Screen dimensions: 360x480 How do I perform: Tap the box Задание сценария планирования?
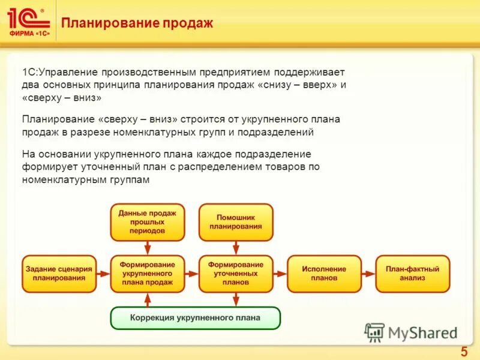pyautogui.click(x=59, y=274)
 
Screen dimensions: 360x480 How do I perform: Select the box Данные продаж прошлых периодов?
pyautogui.click(x=147, y=222)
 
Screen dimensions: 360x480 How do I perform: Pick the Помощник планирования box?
pyautogui.click(x=236, y=222)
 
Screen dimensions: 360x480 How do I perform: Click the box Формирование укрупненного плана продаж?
pyautogui.click(x=147, y=274)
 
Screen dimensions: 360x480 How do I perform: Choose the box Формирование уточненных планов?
pyautogui.click(x=236, y=274)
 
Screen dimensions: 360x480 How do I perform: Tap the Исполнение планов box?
pyautogui.click(x=324, y=274)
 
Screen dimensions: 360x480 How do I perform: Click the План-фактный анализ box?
pyautogui.click(x=413, y=274)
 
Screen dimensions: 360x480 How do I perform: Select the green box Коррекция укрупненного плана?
pyautogui.click(x=195, y=318)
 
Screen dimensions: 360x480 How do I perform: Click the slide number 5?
pyautogui.click(x=463, y=352)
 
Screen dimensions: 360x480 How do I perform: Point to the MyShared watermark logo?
pyautogui.click(x=412, y=332)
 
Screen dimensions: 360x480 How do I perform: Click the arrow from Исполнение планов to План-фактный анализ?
pyautogui.click(x=368, y=274)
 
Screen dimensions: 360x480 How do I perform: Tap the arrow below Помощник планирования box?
pyautogui.click(x=236, y=247)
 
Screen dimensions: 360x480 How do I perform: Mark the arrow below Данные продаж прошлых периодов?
pyautogui.click(x=147, y=247)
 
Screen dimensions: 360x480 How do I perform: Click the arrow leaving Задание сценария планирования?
pyautogui.click(x=103, y=274)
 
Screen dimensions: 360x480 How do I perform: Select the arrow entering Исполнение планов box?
pyautogui.click(x=280, y=274)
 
